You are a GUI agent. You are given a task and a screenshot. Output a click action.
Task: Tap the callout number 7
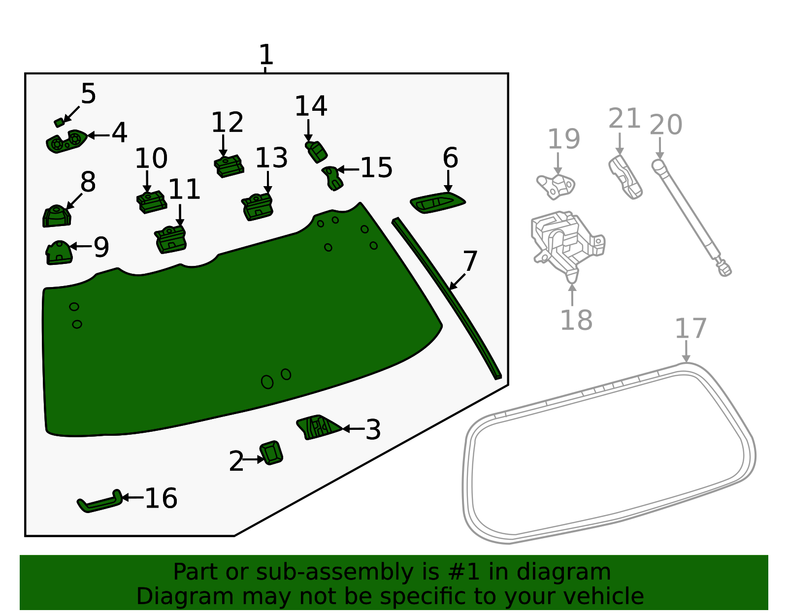(470, 261)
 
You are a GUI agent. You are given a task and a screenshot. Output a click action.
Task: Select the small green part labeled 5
(59, 123)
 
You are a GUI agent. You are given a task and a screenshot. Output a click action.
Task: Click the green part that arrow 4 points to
(66, 141)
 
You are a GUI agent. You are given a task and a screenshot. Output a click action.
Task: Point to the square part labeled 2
(271, 453)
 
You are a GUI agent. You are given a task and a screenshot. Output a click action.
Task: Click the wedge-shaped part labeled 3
(318, 427)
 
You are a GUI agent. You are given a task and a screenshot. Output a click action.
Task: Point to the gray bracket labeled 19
(556, 187)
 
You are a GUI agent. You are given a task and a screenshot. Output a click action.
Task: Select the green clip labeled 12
(229, 166)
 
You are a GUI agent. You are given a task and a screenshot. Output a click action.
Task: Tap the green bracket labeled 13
(257, 207)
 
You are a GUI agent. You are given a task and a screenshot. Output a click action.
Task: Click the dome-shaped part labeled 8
(57, 216)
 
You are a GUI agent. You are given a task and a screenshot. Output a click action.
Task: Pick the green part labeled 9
(59, 253)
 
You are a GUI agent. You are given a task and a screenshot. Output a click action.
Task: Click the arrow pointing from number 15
(348, 169)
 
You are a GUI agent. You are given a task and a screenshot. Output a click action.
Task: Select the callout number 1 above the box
(266, 54)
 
